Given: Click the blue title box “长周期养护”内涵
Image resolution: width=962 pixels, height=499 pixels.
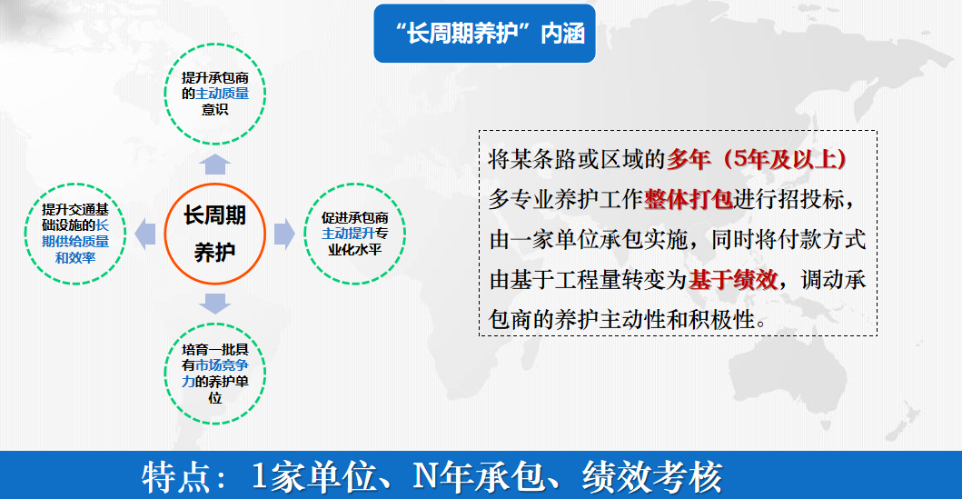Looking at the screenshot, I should point(484,35).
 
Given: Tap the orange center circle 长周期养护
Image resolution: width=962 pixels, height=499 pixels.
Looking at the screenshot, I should point(214,234).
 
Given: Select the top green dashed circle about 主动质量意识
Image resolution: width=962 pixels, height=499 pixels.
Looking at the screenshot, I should point(214,92).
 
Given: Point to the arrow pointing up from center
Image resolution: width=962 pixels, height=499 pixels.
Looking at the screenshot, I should point(215,164).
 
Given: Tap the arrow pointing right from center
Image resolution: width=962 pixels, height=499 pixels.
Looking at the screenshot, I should point(285,234).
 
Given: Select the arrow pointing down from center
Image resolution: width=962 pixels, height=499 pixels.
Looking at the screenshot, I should point(215,303).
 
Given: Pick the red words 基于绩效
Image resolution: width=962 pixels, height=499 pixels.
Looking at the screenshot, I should point(733,280).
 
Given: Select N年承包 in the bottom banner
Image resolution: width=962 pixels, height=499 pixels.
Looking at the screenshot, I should point(478,476).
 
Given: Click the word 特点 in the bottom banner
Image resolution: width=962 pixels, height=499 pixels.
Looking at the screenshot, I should point(177,476).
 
